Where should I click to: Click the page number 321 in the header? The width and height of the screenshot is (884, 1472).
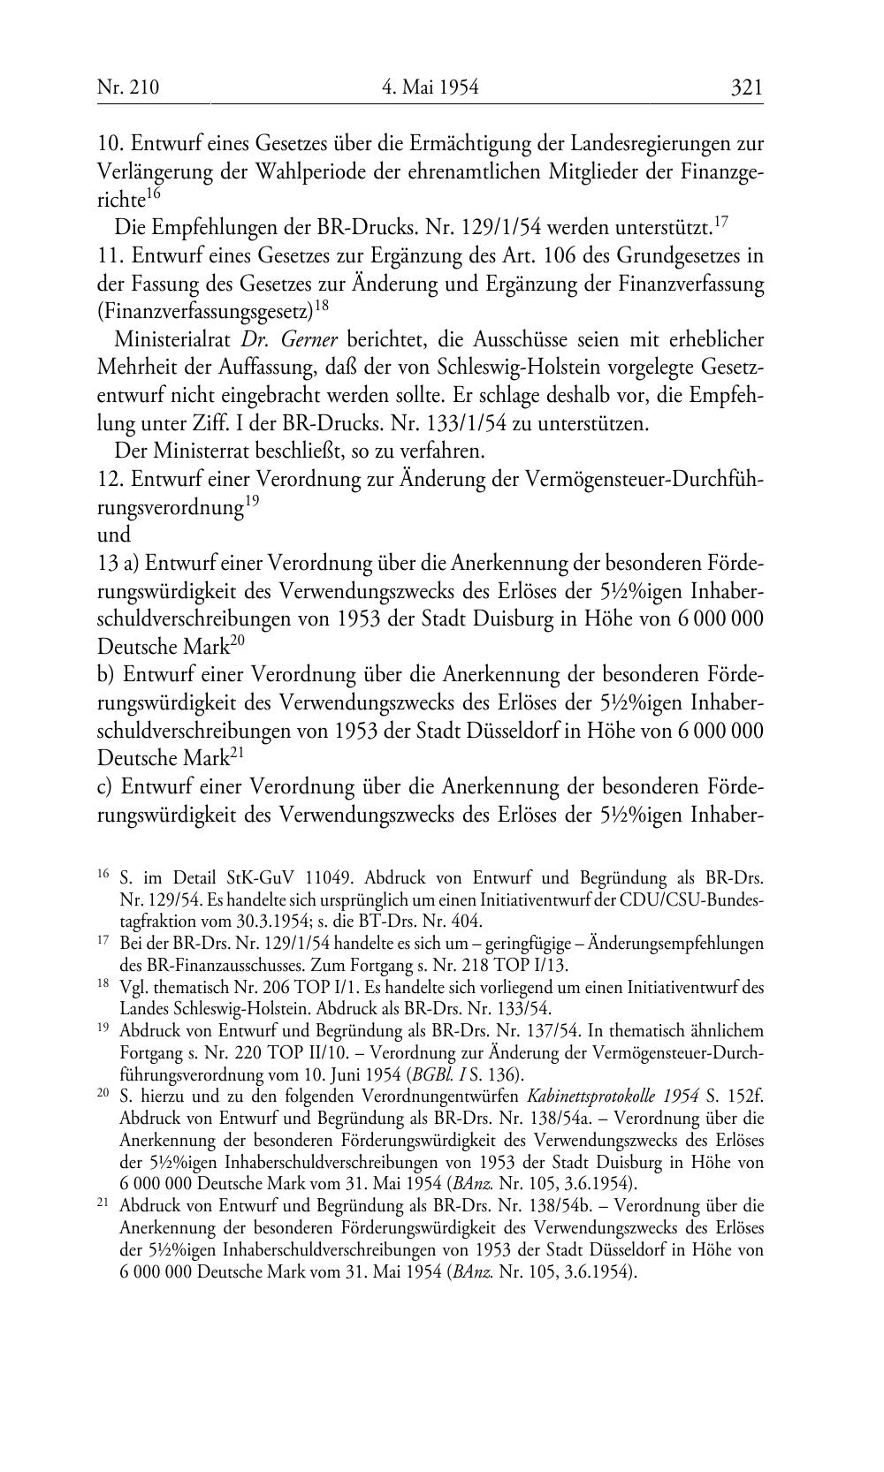[746, 87]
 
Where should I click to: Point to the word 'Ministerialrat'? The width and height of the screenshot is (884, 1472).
[166, 340]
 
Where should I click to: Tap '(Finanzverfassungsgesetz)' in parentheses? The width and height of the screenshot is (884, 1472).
[205, 312]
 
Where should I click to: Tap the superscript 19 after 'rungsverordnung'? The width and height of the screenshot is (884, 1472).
[252, 502]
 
